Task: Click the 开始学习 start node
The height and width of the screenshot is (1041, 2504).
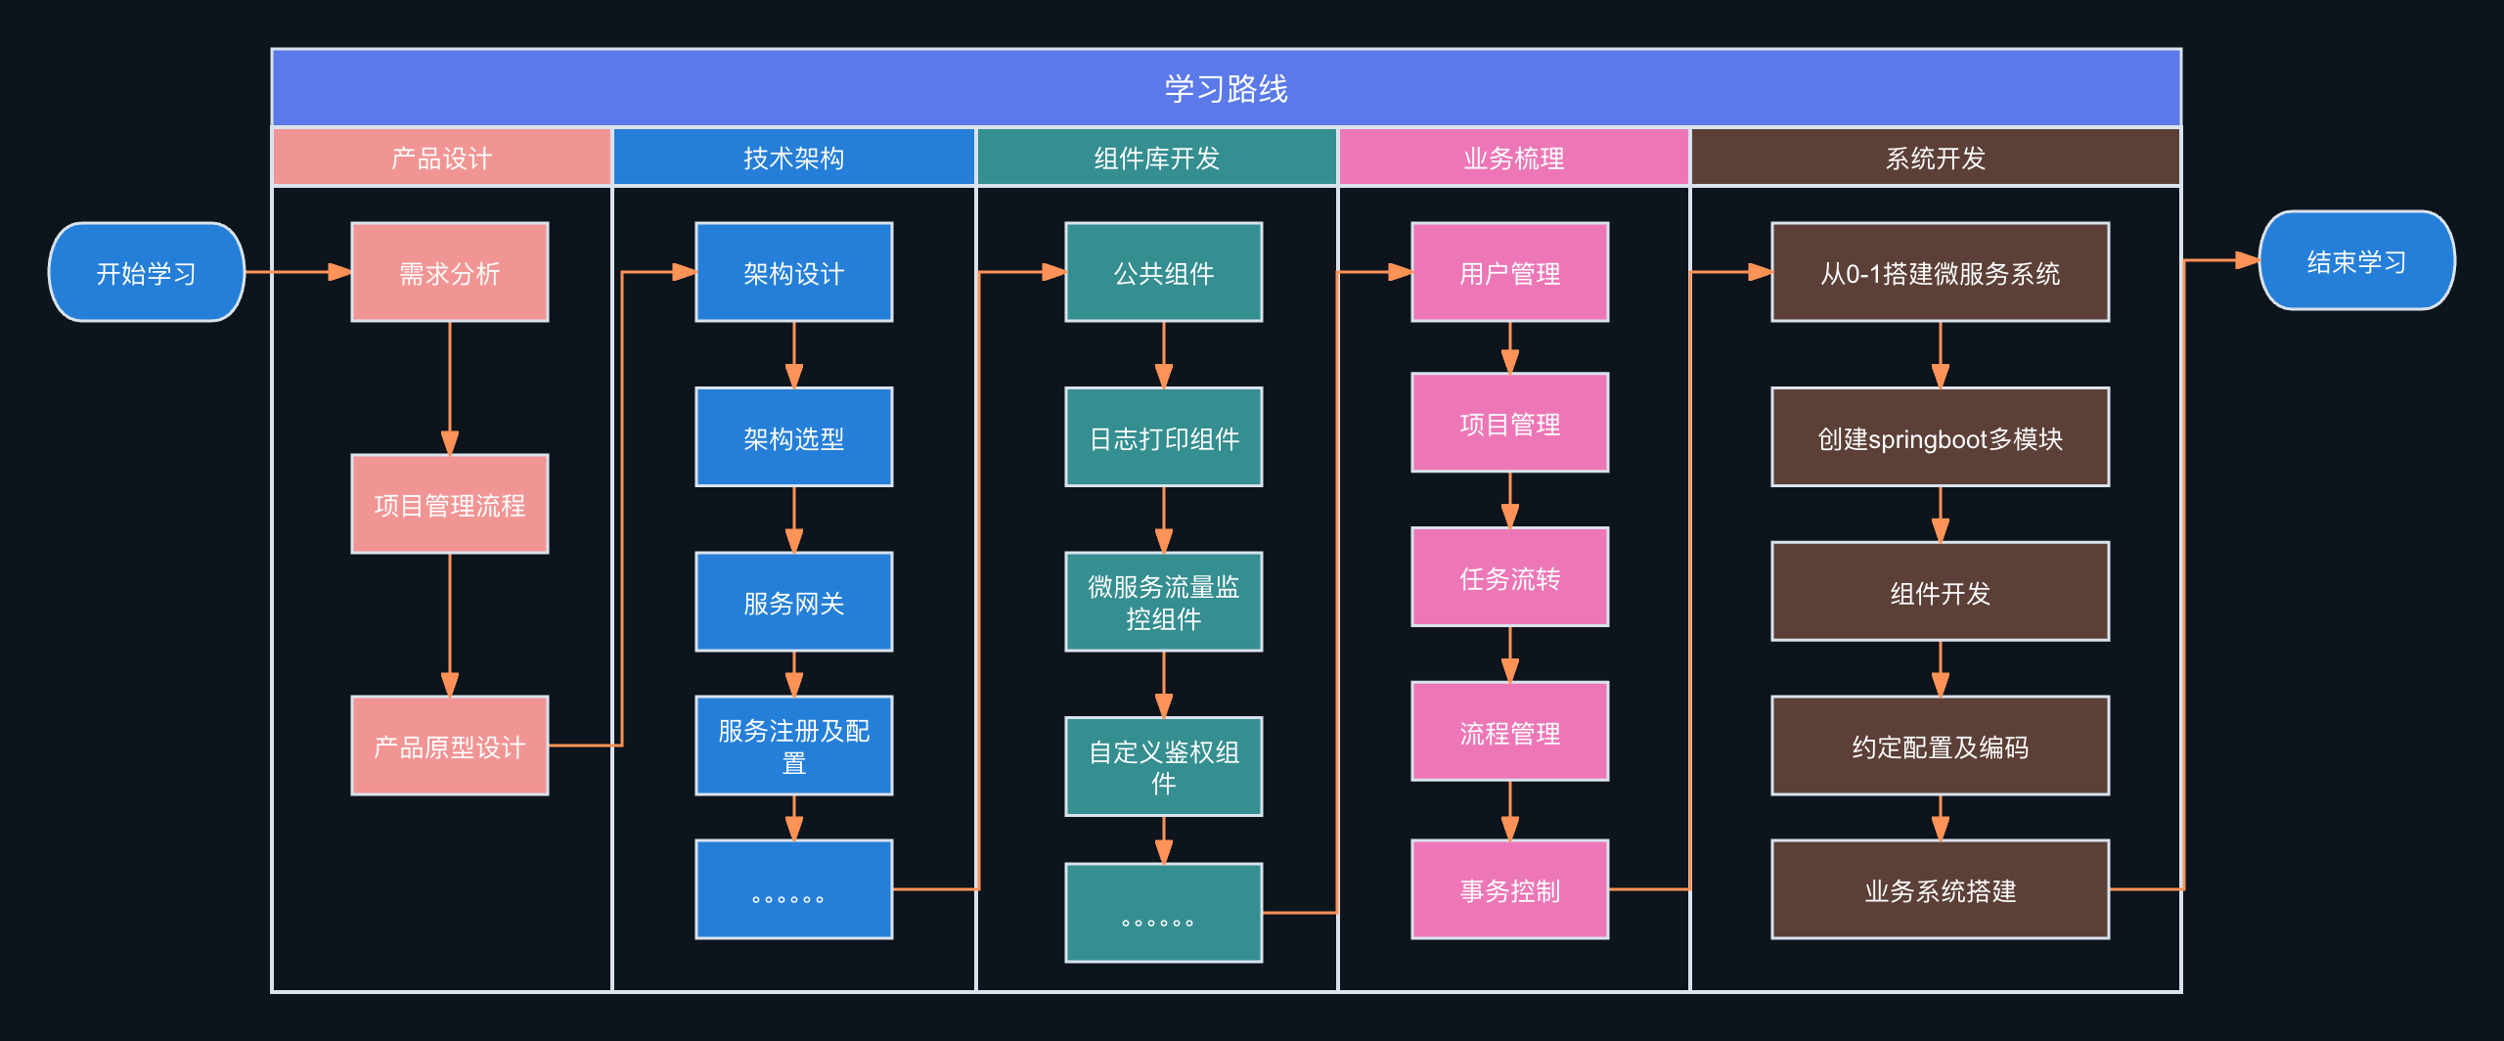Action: click(x=147, y=272)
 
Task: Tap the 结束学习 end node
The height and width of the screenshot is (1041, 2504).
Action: click(x=2356, y=260)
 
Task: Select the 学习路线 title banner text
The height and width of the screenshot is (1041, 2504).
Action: click(x=1226, y=89)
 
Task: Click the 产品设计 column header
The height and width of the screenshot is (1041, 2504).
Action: click(x=441, y=158)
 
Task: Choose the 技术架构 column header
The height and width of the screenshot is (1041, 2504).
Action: click(x=793, y=158)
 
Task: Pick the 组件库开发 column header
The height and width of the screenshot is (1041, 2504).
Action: click(x=1156, y=158)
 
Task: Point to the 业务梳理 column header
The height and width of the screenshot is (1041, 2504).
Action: click(x=1513, y=158)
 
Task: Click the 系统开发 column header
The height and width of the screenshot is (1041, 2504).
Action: click(x=1935, y=158)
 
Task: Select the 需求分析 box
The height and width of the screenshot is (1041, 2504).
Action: click(x=450, y=272)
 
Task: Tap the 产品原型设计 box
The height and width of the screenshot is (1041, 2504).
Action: click(x=450, y=746)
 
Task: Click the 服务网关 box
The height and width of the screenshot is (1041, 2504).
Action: click(x=793, y=602)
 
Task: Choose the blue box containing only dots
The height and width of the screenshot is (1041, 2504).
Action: click(x=793, y=889)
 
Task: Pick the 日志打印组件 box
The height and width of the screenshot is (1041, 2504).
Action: click(x=1163, y=437)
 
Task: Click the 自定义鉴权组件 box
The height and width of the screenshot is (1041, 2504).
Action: click(x=1163, y=766)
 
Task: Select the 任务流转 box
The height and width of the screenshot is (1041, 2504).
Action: click(x=1509, y=577)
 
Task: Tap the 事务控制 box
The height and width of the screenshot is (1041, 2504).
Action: click(x=1509, y=889)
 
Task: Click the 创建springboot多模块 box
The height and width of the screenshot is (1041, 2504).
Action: click(x=1940, y=437)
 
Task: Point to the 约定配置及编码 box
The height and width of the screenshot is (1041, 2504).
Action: click(x=1940, y=746)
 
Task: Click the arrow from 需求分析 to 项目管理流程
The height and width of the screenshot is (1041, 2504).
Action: click(x=450, y=386)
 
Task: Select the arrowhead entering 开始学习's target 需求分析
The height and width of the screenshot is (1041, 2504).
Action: click(x=339, y=272)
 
